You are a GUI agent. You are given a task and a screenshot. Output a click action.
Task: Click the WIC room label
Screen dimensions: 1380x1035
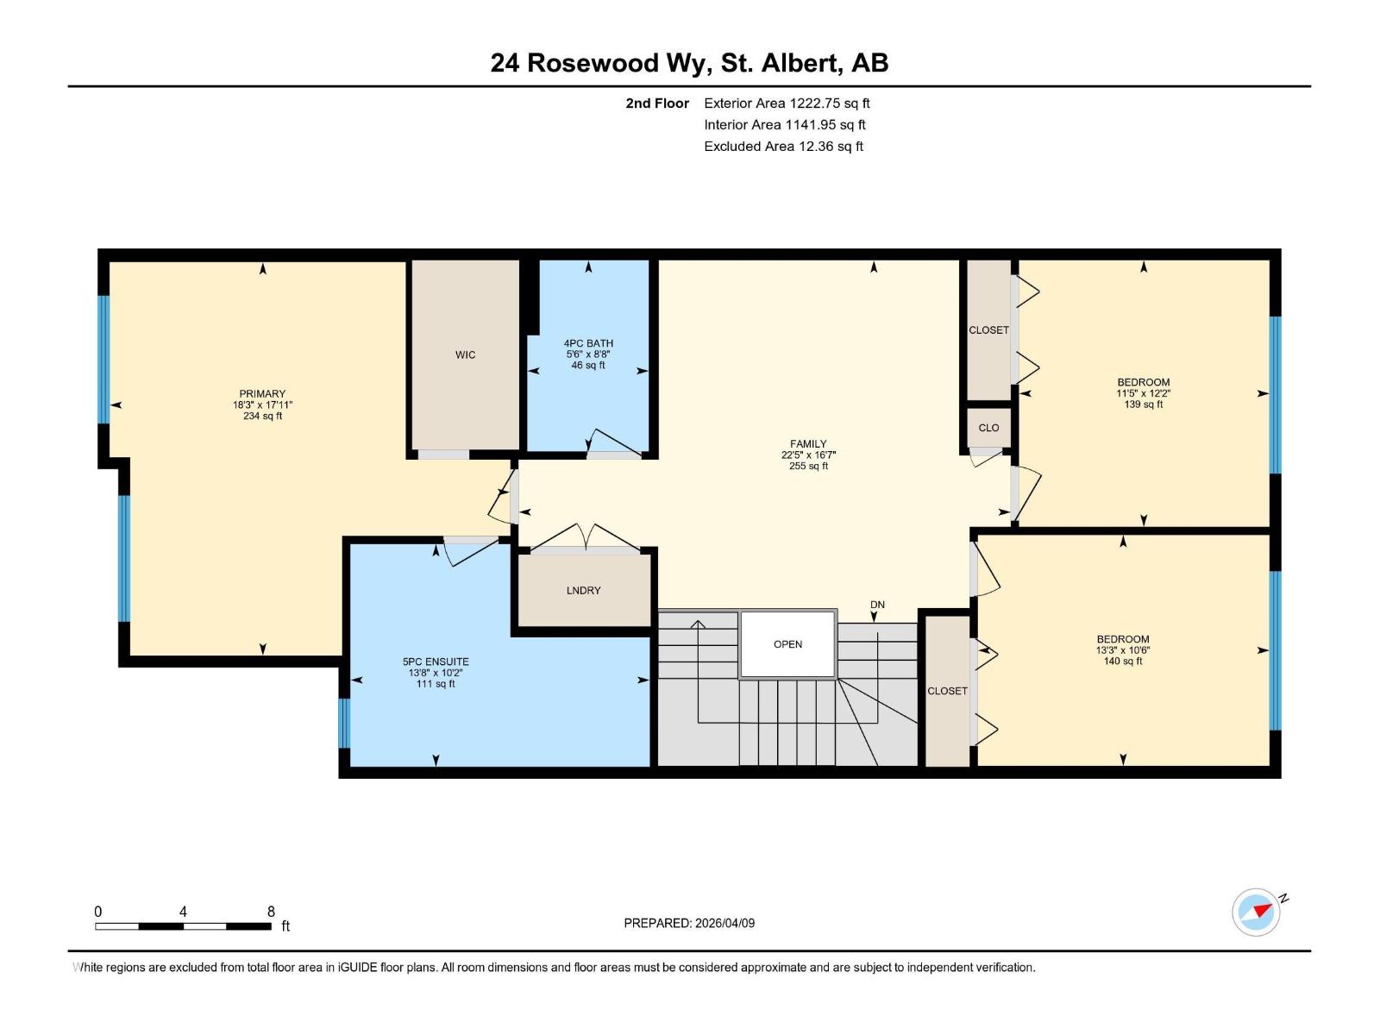click(465, 355)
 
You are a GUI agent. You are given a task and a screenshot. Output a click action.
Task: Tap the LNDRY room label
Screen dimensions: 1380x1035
click(583, 591)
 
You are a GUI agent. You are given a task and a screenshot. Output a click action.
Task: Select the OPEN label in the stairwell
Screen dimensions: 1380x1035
click(787, 645)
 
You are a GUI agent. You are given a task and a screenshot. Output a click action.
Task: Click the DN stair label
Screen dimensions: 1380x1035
click(877, 605)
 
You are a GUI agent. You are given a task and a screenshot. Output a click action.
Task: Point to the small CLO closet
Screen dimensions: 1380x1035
click(988, 428)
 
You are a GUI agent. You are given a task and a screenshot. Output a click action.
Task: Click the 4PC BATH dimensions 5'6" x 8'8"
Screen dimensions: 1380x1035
click(588, 354)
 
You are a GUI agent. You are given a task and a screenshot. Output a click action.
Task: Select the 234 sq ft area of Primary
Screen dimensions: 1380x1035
click(262, 416)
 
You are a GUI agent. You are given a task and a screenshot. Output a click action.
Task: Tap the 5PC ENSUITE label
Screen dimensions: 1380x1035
click(435, 662)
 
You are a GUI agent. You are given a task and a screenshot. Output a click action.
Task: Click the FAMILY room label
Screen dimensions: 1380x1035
click(808, 443)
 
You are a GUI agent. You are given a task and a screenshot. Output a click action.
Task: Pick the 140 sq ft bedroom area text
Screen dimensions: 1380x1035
click(1122, 661)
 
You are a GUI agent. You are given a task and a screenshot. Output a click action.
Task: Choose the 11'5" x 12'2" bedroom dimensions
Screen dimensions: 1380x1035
click(1143, 393)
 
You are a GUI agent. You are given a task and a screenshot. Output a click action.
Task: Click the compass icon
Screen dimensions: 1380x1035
click(1256, 913)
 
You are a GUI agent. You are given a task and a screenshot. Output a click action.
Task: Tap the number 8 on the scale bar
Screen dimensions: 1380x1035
click(271, 912)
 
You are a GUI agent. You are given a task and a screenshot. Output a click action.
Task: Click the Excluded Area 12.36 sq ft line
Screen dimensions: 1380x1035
click(783, 147)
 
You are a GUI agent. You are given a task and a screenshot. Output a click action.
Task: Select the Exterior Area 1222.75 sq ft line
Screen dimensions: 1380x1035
click(787, 103)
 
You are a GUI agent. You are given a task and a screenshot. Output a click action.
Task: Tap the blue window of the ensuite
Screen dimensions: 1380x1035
click(344, 724)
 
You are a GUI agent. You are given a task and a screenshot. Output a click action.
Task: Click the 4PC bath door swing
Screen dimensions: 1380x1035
click(614, 442)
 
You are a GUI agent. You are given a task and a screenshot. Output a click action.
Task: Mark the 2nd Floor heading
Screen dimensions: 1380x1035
click(657, 103)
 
